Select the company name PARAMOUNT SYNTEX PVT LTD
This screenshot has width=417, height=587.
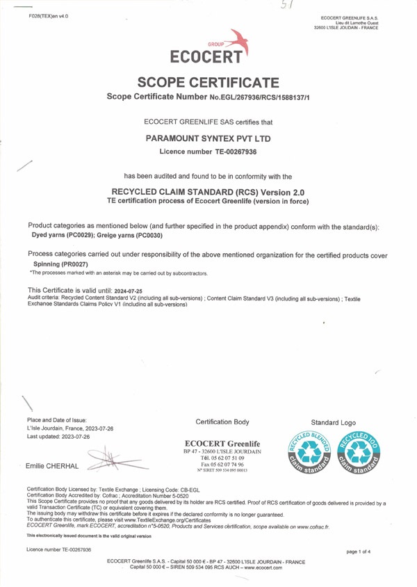tap(208, 138)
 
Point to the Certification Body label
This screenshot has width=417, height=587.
tap(222, 422)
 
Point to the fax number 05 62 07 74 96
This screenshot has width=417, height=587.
tap(226, 465)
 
